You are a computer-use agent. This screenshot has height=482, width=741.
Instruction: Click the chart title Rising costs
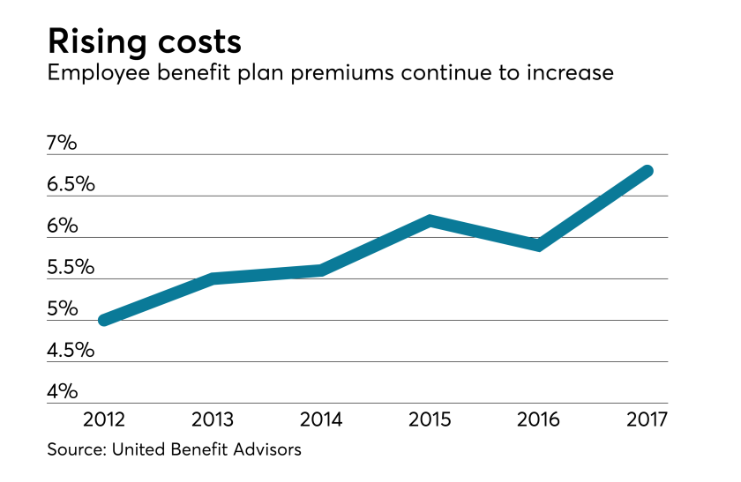click(144, 41)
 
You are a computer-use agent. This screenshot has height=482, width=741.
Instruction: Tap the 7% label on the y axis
click(64, 142)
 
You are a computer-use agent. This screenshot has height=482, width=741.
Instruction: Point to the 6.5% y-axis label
click(71, 184)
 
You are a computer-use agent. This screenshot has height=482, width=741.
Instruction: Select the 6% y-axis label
click(64, 226)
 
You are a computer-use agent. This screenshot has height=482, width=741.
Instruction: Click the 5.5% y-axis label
click(71, 267)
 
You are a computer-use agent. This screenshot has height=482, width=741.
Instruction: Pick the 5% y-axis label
click(64, 308)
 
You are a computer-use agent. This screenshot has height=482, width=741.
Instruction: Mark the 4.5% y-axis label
click(71, 350)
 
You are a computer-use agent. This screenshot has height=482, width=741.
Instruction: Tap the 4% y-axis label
click(64, 391)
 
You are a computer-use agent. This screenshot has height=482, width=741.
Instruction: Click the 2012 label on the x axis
click(105, 417)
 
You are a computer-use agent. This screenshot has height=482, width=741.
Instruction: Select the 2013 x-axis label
click(213, 417)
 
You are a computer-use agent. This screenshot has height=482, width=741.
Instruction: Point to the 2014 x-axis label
click(322, 417)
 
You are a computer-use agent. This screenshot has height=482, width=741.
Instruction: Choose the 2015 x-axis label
click(430, 417)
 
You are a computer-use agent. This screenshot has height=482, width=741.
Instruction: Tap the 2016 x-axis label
click(538, 417)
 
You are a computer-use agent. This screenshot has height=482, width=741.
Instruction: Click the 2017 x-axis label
click(647, 417)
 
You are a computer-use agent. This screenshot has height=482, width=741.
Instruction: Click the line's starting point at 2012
click(105, 320)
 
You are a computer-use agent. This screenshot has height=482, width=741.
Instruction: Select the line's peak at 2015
click(430, 220)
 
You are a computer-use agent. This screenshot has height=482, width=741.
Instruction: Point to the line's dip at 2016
click(538, 245)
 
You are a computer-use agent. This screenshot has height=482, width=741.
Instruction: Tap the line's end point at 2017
click(647, 170)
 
